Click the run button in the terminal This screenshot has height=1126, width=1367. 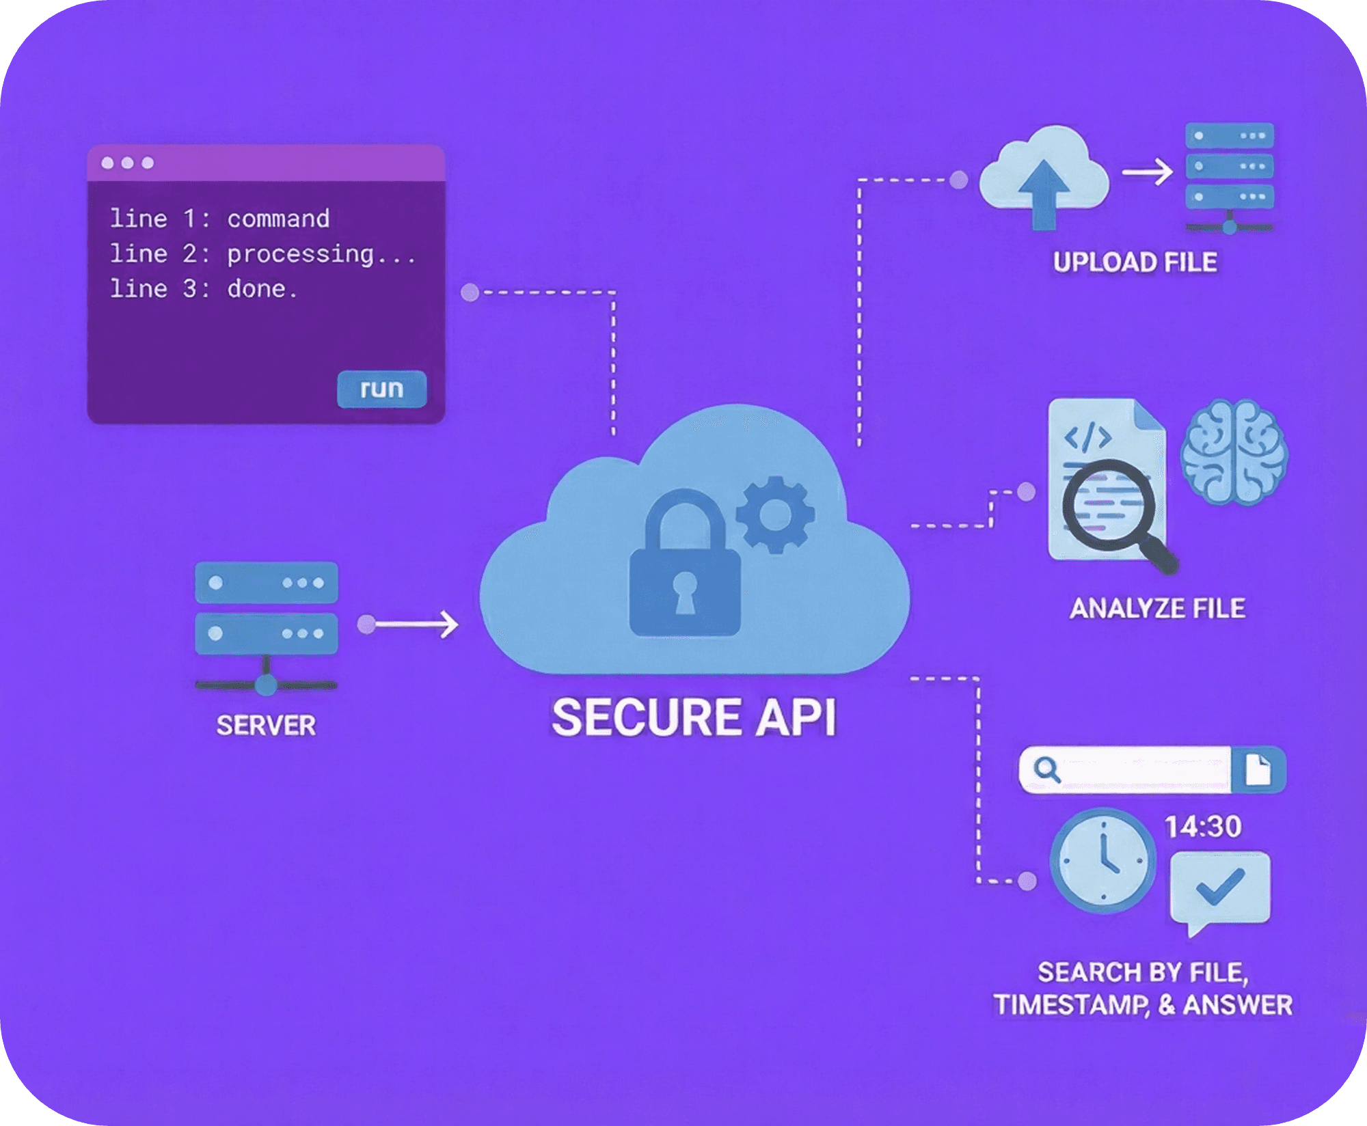381,389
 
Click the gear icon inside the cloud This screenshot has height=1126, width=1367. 774,514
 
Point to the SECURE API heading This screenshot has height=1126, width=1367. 693,717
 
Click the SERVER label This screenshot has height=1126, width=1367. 266,726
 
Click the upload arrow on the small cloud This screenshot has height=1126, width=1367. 1043,193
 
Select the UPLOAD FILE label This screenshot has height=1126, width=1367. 1135,262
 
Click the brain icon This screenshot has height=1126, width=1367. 1234,453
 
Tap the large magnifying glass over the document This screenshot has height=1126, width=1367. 1109,506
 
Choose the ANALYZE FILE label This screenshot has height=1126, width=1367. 1157,608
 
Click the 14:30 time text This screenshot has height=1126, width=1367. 1203,827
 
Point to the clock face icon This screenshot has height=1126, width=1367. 1102,861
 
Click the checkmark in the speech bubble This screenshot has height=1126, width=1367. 1220,887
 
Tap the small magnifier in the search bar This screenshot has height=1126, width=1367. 1046,770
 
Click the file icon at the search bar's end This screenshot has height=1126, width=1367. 1258,770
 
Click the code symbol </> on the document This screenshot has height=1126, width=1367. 1088,437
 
